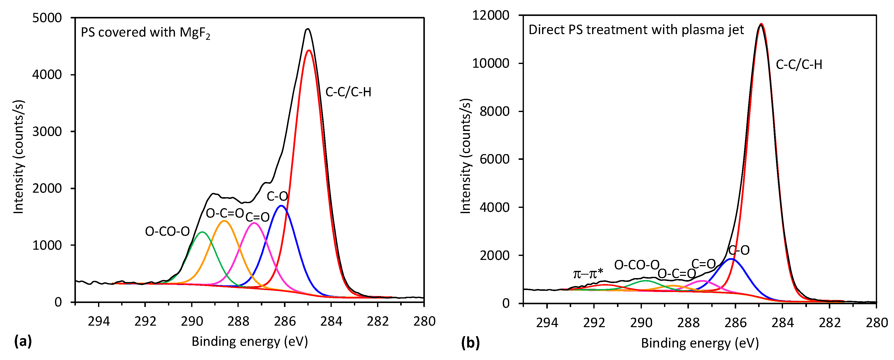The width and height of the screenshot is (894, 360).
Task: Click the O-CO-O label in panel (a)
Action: (167, 231)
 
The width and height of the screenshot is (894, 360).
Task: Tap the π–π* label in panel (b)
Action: (588, 274)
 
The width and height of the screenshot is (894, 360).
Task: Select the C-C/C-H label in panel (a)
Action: (348, 92)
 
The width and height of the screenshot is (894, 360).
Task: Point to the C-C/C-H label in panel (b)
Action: (799, 64)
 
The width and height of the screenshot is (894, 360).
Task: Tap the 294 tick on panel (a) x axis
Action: (99, 321)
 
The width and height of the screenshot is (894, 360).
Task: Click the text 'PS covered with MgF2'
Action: (145, 33)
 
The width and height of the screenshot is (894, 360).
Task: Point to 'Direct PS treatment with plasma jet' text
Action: (636, 30)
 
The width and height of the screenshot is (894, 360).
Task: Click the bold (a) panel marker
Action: (23, 341)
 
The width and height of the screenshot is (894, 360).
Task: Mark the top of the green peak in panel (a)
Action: (202, 232)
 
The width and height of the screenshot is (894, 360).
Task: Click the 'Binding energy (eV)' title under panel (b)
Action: (700, 343)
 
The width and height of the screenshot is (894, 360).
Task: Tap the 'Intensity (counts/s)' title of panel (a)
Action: (18, 157)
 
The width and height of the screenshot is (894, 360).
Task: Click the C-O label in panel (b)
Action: (739, 250)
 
